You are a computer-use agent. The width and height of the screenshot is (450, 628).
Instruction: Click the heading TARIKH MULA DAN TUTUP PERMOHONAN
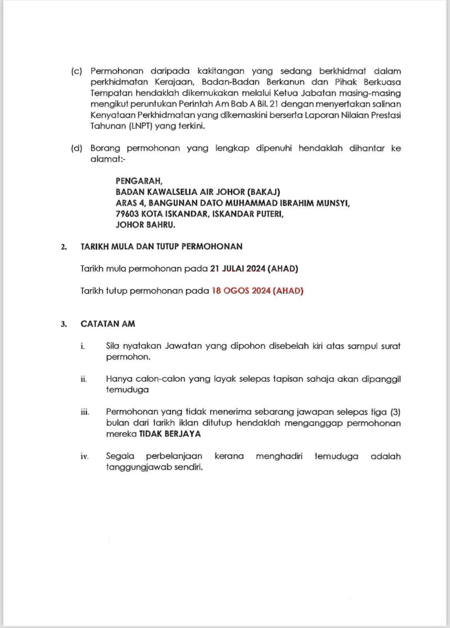pyautogui.click(x=161, y=247)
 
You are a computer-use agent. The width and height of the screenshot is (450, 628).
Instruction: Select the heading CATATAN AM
pyautogui.click(x=108, y=324)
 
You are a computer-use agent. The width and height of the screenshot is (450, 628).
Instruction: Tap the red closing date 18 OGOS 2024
pyautogui.click(x=241, y=291)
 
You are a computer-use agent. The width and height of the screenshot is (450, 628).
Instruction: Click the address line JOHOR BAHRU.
pyautogui.click(x=145, y=225)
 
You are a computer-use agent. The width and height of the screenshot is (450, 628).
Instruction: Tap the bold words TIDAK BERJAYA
pyautogui.click(x=170, y=434)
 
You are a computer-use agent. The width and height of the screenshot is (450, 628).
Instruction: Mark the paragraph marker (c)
pyautogui.click(x=77, y=71)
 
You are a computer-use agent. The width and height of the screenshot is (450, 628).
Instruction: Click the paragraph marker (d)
pyautogui.click(x=77, y=148)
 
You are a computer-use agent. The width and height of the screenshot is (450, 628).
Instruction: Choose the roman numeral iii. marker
pyautogui.click(x=85, y=413)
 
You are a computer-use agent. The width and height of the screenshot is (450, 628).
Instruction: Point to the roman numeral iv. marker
pyautogui.click(x=85, y=457)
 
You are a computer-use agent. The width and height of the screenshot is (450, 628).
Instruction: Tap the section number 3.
pyautogui.click(x=63, y=324)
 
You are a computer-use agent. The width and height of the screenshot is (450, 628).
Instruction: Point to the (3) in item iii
pyautogui.click(x=395, y=412)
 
